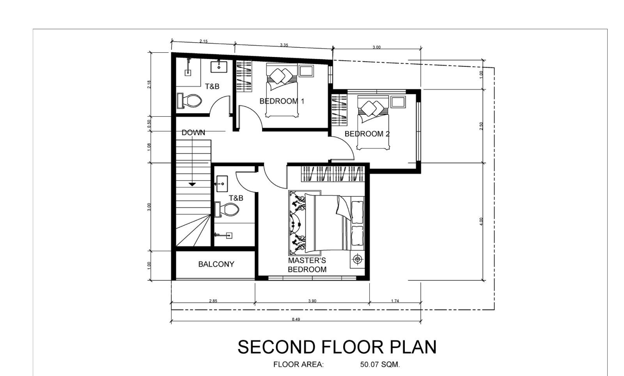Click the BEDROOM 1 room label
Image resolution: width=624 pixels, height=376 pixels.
point(282,101)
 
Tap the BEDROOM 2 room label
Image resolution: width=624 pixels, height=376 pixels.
point(367,134)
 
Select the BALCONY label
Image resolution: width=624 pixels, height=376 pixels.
point(216,264)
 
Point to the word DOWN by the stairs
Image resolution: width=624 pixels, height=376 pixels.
point(193,132)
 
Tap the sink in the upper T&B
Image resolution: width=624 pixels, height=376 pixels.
point(219,67)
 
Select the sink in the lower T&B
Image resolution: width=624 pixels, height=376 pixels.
point(222,184)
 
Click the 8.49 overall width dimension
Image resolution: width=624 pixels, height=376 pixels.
point(296,319)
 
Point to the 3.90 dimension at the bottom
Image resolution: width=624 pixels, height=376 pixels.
point(312,301)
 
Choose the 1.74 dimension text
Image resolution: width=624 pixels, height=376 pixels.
point(395,301)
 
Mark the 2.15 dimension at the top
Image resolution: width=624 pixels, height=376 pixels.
point(204,41)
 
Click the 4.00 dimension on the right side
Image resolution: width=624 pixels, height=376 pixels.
point(481,221)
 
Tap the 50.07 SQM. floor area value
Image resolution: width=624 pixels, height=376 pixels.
point(380,365)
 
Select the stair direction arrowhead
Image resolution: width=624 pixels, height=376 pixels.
point(192,184)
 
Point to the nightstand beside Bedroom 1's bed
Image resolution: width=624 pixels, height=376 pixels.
point(306,71)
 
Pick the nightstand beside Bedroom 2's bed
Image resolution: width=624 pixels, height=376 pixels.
point(398,102)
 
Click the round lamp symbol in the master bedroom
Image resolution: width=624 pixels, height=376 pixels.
point(358,260)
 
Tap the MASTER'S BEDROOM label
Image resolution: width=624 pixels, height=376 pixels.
point(307,265)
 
